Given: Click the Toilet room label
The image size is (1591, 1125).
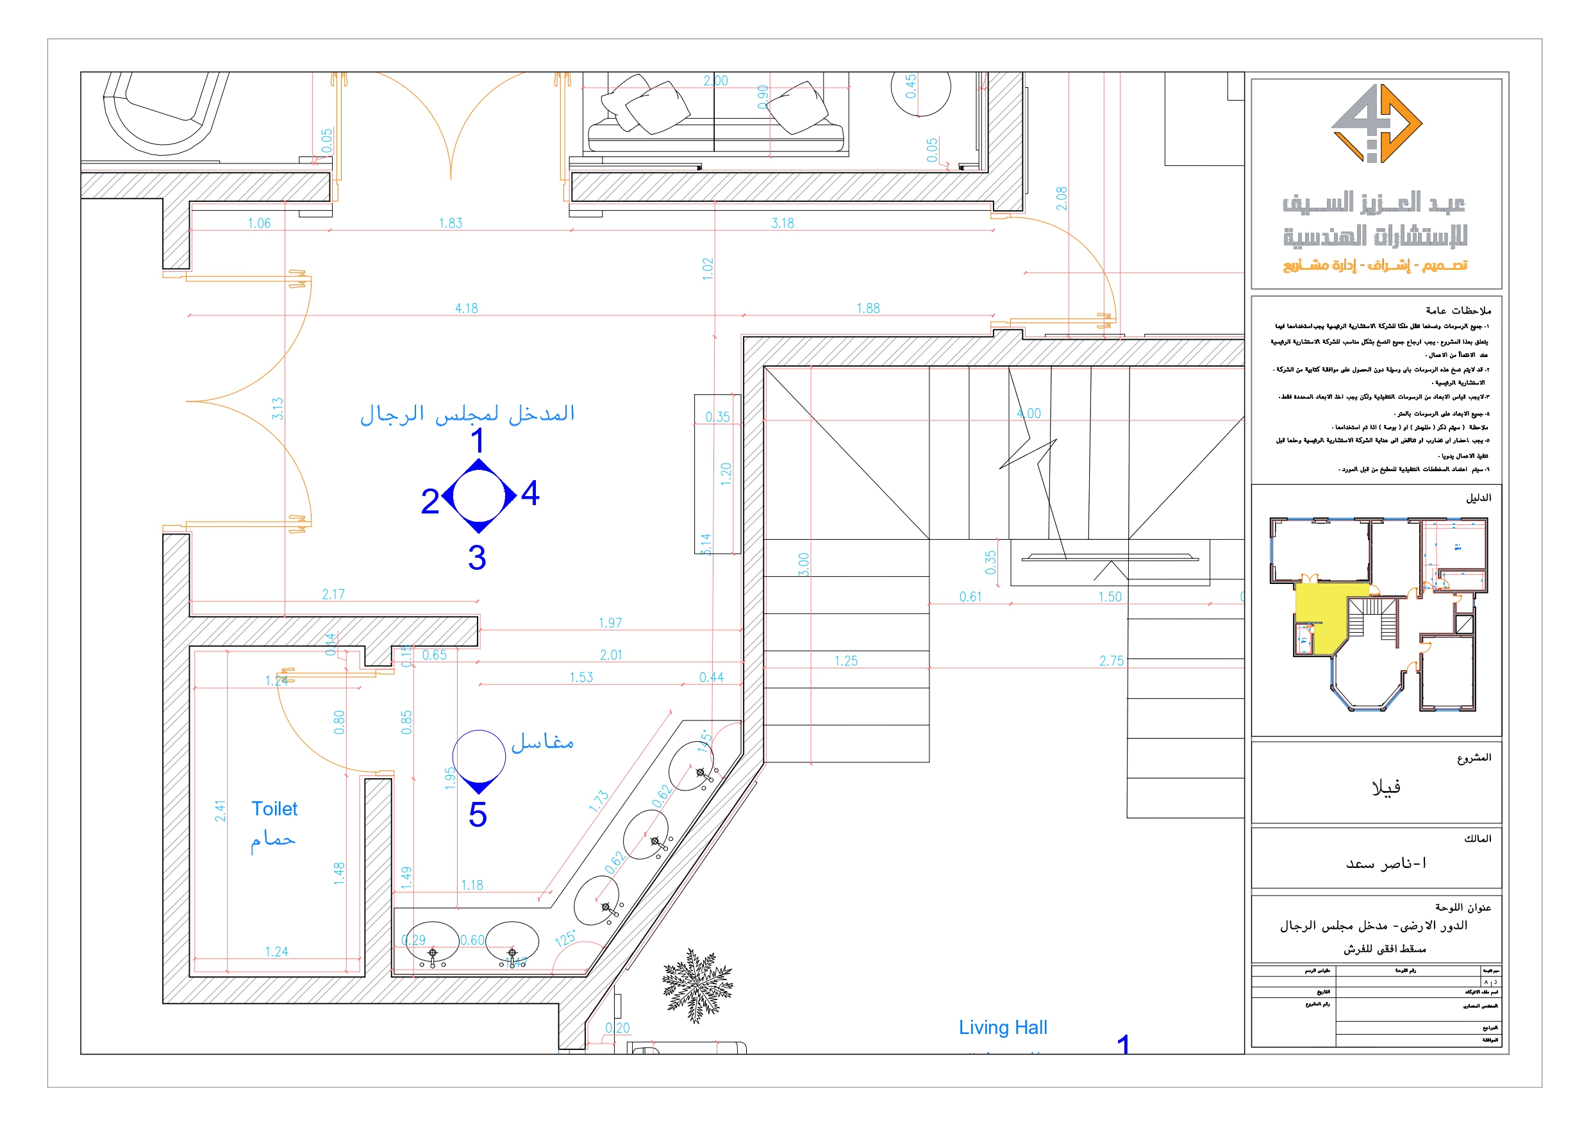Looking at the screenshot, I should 274,809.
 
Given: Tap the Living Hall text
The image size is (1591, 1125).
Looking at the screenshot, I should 1002,1028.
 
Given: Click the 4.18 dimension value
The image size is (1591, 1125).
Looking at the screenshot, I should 467,308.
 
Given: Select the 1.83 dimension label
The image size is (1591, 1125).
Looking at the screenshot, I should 451,223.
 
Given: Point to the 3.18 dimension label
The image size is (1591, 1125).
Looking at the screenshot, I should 782,223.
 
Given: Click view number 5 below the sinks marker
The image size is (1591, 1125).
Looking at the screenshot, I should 478,815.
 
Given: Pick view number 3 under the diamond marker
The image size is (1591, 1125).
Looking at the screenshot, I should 477,558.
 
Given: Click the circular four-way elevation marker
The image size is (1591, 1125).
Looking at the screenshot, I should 479,496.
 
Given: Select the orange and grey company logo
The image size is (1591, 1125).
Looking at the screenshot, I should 1376,124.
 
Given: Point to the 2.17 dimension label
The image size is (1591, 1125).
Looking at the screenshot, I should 333,595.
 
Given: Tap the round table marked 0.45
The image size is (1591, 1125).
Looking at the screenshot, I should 920,87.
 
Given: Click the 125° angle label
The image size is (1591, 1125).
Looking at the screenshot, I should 565,939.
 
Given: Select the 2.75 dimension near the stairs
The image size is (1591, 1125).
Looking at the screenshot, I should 1111,662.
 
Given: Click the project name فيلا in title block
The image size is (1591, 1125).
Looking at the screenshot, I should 1386,787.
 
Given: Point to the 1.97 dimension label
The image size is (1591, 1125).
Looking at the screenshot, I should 610,623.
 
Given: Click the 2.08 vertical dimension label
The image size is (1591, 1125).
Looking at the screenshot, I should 1062,199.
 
